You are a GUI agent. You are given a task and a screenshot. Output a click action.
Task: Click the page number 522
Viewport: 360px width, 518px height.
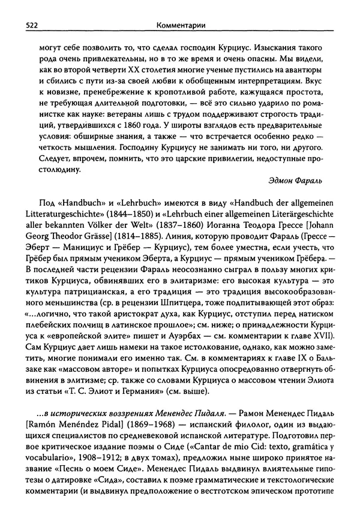[x=26, y=26]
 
